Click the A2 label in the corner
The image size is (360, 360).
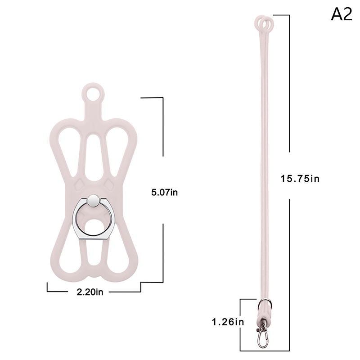coord(342,14)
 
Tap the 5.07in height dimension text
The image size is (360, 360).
coord(164,193)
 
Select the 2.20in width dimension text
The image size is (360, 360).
coord(90,292)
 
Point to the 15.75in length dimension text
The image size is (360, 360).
coord(300,179)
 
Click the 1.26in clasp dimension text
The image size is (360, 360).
coord(228,322)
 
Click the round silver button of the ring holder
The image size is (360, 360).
coord(94,200)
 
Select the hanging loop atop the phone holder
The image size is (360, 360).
coord(93,93)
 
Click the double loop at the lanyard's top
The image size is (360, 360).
coord(265,23)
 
